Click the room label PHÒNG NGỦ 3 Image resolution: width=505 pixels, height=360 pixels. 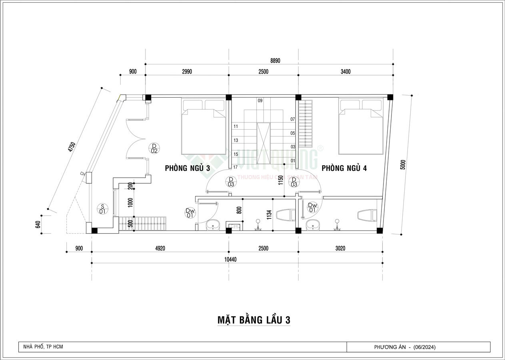point(187,168)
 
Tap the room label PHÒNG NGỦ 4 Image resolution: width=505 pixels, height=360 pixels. point(344,168)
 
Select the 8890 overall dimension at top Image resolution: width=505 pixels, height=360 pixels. point(275,60)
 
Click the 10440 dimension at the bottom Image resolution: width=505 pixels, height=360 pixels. point(231,259)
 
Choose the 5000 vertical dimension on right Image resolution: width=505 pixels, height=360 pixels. point(403,164)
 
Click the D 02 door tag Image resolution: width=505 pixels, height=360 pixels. point(154,148)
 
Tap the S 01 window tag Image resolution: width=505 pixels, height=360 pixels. point(102,208)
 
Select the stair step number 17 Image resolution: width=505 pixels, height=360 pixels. point(236,167)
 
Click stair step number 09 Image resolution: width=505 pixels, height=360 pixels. point(260,101)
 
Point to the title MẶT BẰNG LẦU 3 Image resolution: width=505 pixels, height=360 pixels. point(253,320)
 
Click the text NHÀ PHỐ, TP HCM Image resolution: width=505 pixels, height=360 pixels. point(41,347)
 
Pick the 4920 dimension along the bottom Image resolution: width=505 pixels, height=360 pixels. point(160,248)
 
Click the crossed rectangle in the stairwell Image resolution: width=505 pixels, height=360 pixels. point(263,142)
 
